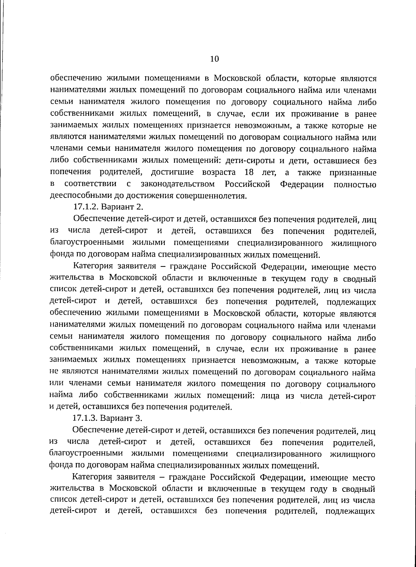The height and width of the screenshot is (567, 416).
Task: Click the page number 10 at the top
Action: [214, 59]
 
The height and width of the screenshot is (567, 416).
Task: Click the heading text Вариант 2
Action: [121, 207]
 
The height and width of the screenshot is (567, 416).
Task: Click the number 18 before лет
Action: [249, 172]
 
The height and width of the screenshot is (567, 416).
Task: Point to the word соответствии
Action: [90, 184]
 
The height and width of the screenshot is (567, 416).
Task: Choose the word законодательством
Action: [177, 184]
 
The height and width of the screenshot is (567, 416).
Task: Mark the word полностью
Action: [355, 184]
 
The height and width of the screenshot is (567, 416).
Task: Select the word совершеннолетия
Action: [211, 195]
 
